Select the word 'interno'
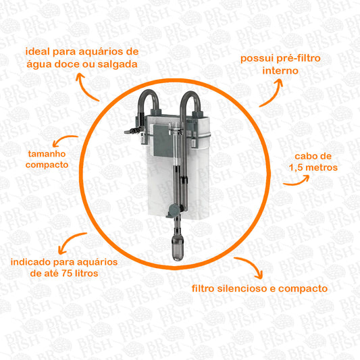(x=280, y=71)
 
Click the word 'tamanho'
(x=47, y=154)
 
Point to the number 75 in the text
(x=67, y=274)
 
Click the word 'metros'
(x=322, y=168)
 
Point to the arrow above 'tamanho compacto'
(x=63, y=138)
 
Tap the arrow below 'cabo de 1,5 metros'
(x=297, y=182)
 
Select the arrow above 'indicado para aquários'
(x=69, y=240)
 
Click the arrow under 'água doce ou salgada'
(x=84, y=88)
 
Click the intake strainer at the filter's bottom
(x=178, y=249)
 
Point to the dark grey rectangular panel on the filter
(x=162, y=140)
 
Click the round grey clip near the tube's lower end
(x=174, y=210)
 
